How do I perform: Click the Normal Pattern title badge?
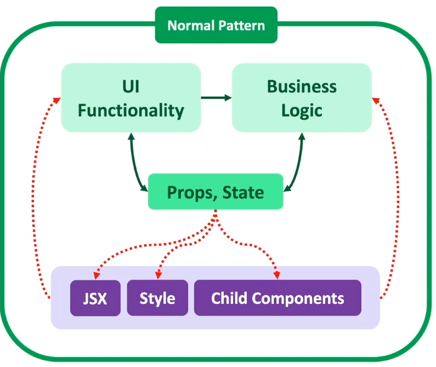pos(216,25)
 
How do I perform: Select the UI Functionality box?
pos(131,98)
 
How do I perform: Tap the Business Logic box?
pos(302,98)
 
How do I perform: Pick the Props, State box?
pos(216,192)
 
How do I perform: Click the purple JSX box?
pos(95,298)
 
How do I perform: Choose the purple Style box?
pos(157,298)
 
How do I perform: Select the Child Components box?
pos(278,298)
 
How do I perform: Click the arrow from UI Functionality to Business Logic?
pos(217,98)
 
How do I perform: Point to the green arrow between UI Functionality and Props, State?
pos(136,165)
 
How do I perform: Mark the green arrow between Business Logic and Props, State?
pos(296,165)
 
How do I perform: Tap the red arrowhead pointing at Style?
pos(158,275)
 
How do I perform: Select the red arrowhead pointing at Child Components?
pos(277,275)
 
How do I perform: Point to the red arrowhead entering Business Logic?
pos(376,99)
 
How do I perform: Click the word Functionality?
pos(131,110)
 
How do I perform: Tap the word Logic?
pos(302,110)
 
